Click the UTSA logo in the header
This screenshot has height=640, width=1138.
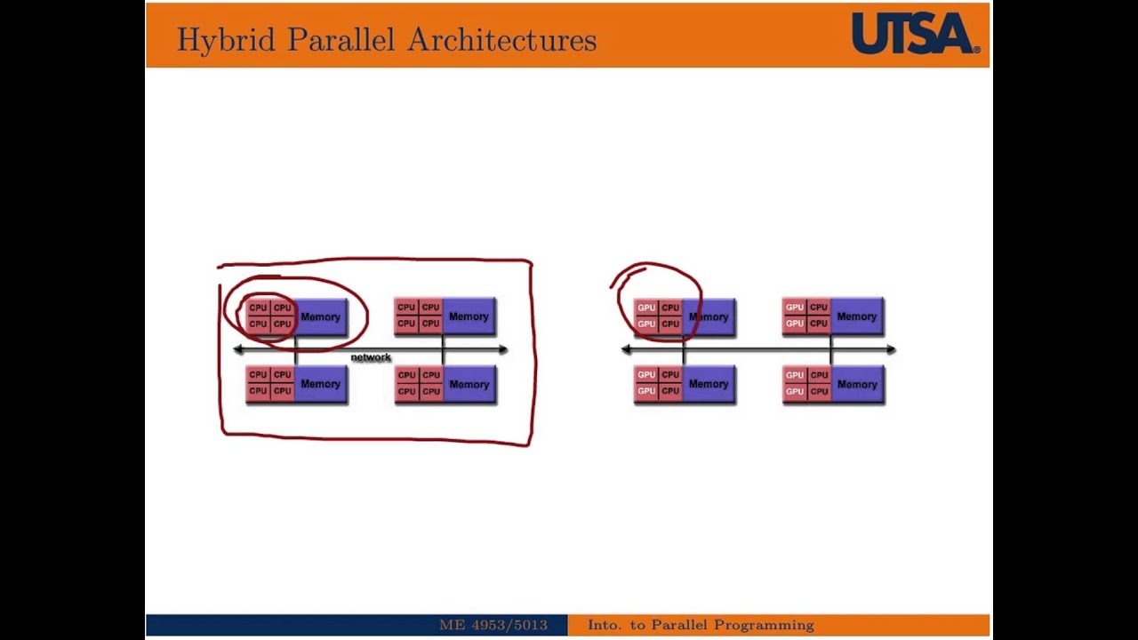pos(915,34)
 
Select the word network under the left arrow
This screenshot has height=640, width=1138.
pos(371,357)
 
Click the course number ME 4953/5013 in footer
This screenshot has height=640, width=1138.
pos(493,625)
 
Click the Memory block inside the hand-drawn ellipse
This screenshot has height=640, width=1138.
pos(320,316)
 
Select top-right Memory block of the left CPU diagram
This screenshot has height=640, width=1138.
pos(469,316)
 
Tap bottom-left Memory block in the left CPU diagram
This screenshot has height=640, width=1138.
pos(320,384)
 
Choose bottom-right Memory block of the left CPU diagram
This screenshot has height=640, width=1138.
pos(469,384)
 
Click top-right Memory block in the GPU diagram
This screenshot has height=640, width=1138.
pos(856,316)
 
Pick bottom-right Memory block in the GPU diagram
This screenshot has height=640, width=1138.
pos(856,384)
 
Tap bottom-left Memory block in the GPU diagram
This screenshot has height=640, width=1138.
pos(708,384)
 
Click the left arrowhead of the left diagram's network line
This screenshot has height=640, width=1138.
pos(237,349)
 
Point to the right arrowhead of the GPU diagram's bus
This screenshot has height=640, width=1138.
pos(891,349)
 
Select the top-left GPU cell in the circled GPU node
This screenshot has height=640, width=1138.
pos(645,308)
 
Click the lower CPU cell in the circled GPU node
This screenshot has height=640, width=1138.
pos(669,324)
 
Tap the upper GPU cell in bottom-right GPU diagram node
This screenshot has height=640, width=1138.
pos(794,375)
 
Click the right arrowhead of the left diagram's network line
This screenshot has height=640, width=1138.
pos(503,349)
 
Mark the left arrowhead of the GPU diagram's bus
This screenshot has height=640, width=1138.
pos(626,349)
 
